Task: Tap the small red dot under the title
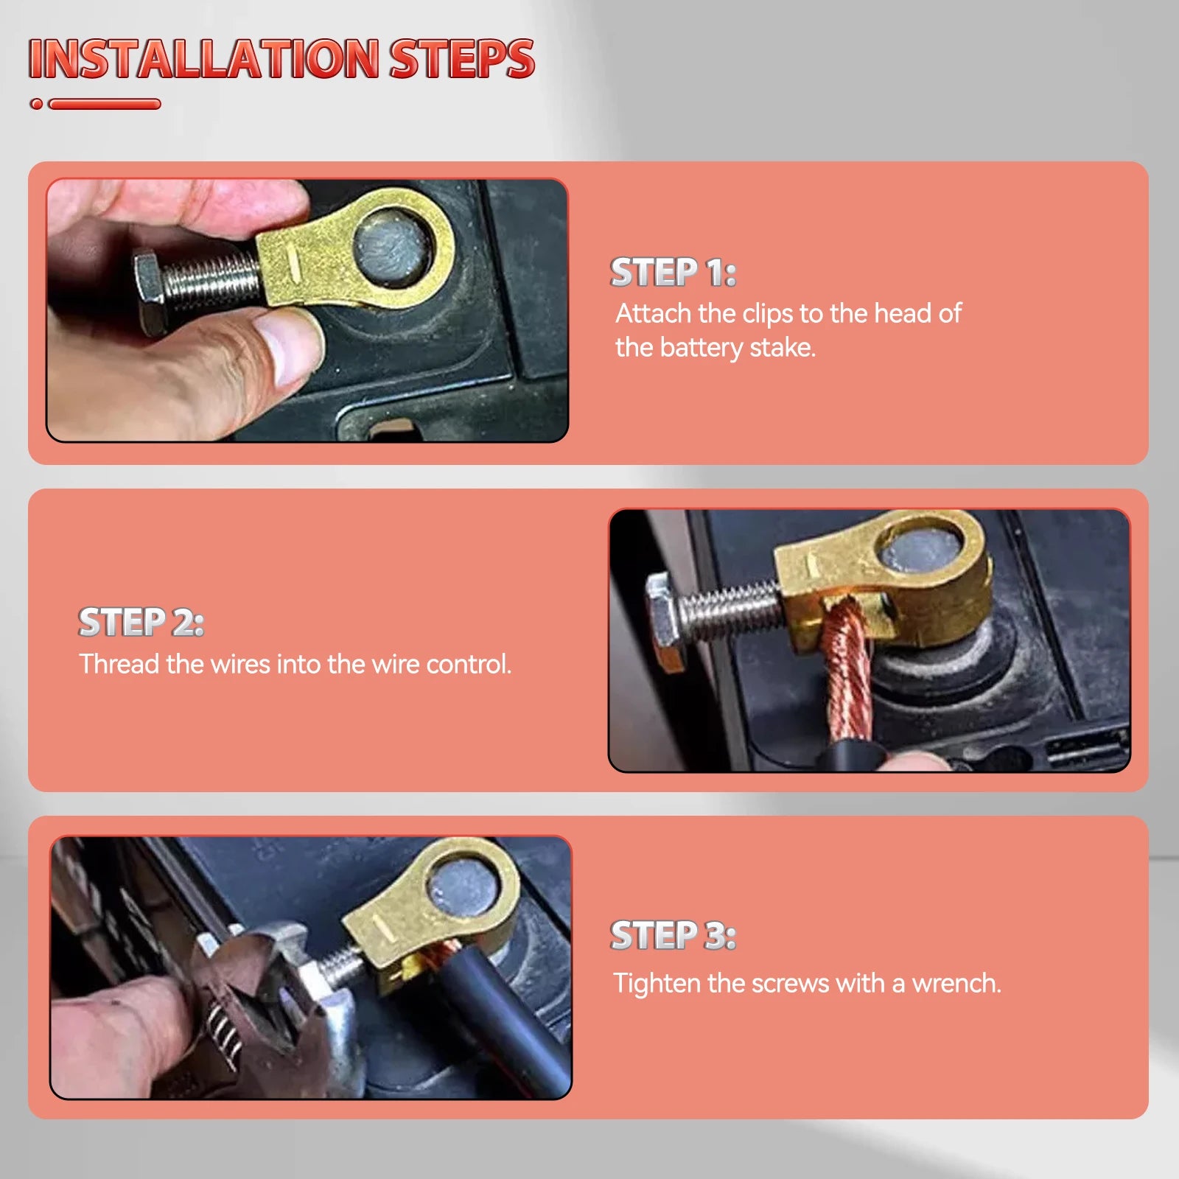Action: (x=36, y=104)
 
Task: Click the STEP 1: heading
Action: (x=673, y=273)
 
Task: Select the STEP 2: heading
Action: (x=141, y=623)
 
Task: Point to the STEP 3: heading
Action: (x=673, y=936)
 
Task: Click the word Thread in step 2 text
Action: (x=119, y=664)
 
